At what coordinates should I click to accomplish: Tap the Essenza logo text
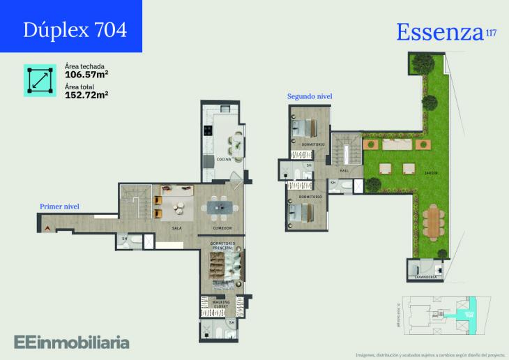pyautogui.click(x=439, y=31)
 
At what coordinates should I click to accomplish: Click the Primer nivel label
pyautogui.click(x=59, y=207)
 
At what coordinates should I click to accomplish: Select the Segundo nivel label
pyautogui.click(x=310, y=96)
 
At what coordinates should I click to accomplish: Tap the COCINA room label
pyautogui.click(x=224, y=160)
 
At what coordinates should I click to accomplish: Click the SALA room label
pyautogui.click(x=176, y=228)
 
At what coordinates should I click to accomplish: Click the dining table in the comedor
pyautogui.click(x=219, y=207)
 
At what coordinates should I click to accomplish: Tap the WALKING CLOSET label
pyautogui.click(x=222, y=303)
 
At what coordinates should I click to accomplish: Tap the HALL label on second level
pyautogui.click(x=344, y=170)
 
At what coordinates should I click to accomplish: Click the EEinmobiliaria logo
pyautogui.click(x=71, y=342)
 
